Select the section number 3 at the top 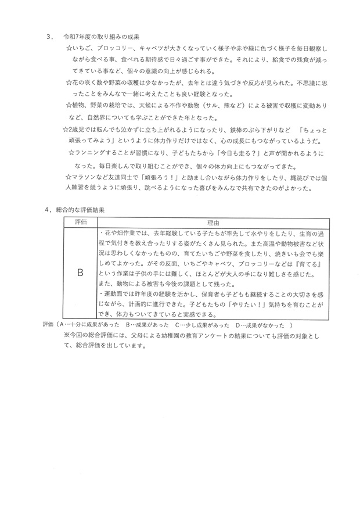(x=49, y=36)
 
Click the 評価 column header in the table (x=80, y=223)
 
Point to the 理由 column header (x=213, y=223)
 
